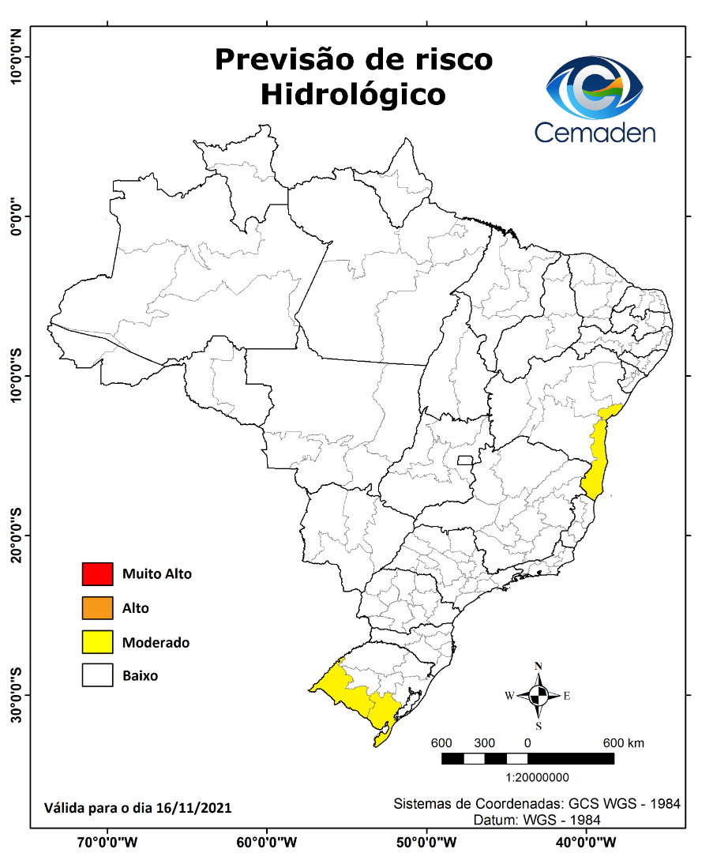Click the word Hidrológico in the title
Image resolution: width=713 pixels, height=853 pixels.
click(x=353, y=94)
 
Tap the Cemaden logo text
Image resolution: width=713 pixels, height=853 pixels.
click(x=595, y=131)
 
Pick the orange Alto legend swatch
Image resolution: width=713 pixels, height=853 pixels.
click(x=97, y=608)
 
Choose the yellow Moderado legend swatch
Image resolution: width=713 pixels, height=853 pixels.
click(x=97, y=642)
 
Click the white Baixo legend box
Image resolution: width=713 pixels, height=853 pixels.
click(x=97, y=676)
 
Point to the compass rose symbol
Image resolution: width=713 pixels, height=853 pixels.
click(x=539, y=696)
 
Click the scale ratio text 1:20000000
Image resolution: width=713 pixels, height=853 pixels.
click(x=537, y=777)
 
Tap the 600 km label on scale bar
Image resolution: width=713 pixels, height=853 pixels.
click(x=624, y=743)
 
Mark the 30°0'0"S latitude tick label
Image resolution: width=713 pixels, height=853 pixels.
click(x=15, y=695)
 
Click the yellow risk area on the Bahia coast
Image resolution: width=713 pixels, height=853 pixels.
click(x=599, y=458)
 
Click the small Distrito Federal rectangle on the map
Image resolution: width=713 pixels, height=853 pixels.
click(x=465, y=460)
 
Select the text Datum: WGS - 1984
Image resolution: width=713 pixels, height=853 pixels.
click(x=537, y=821)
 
